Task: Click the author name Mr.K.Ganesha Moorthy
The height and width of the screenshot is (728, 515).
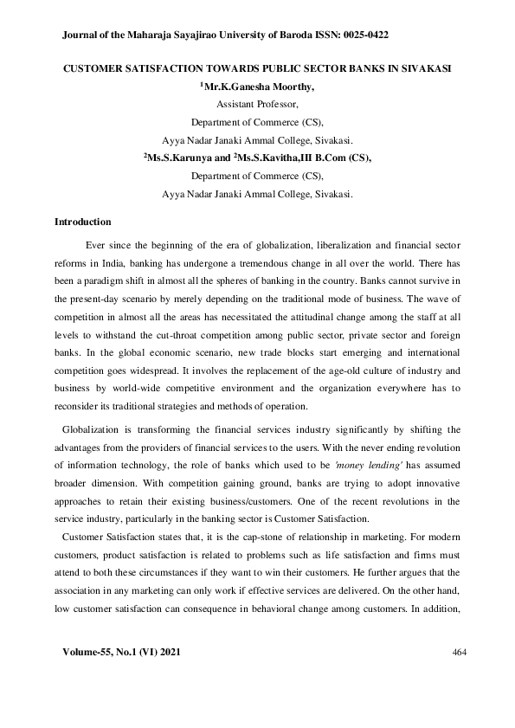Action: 259,87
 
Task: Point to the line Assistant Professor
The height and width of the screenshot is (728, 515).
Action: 257,104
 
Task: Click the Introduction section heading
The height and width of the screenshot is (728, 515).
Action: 82,222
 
